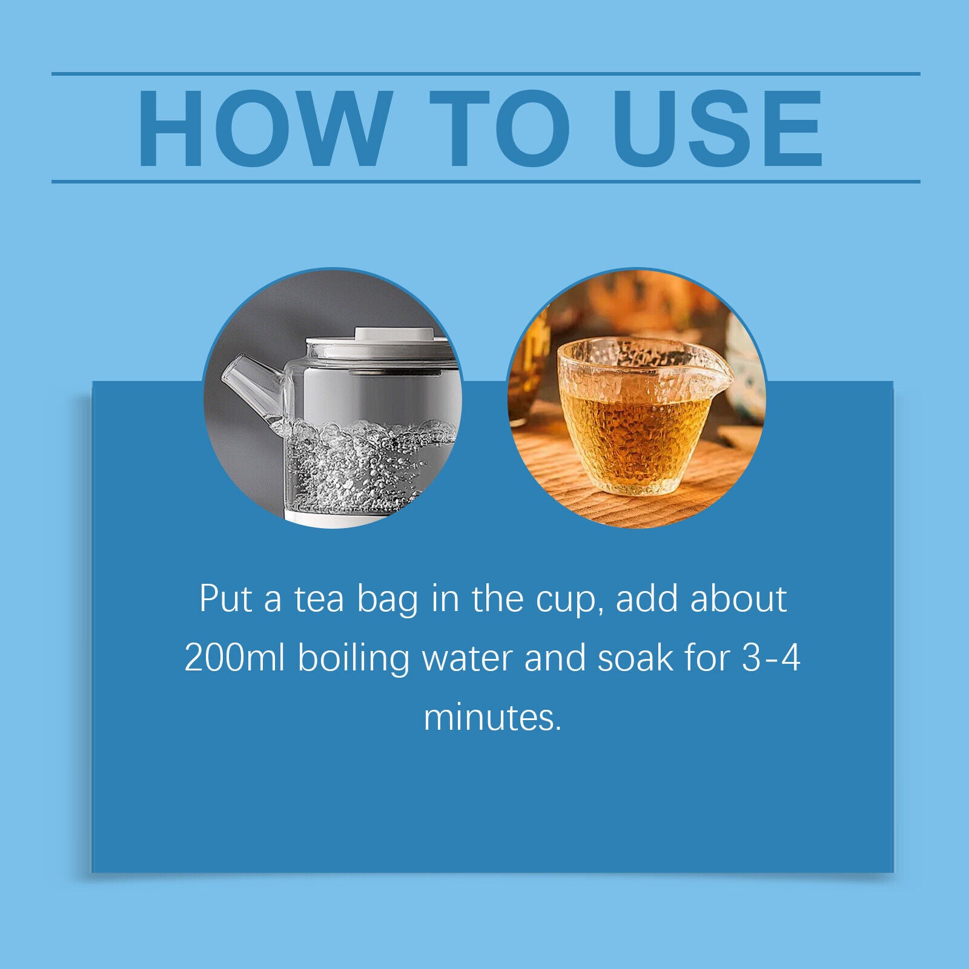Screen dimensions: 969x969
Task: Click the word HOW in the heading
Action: pyautogui.click(x=263, y=128)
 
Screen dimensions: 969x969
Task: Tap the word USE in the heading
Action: pyautogui.click(x=718, y=128)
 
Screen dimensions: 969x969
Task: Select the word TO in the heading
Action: pyautogui.click(x=500, y=128)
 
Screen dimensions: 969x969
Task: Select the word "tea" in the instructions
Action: pyautogui.click(x=319, y=600)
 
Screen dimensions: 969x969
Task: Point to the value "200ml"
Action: pyautogui.click(x=234, y=658)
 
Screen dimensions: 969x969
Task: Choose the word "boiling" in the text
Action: pyautogui.click(x=354, y=659)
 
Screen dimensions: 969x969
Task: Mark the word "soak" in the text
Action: pyautogui.click(x=635, y=658)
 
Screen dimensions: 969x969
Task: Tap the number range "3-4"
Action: pyautogui.click(x=771, y=658)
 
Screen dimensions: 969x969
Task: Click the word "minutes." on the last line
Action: pyautogui.click(x=492, y=717)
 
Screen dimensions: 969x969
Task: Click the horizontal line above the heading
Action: pyautogui.click(x=486, y=74)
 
